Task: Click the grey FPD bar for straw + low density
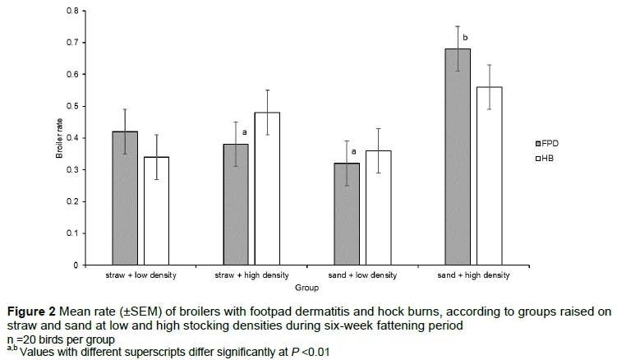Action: tap(126, 198)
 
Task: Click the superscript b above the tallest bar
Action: tap(464, 38)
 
